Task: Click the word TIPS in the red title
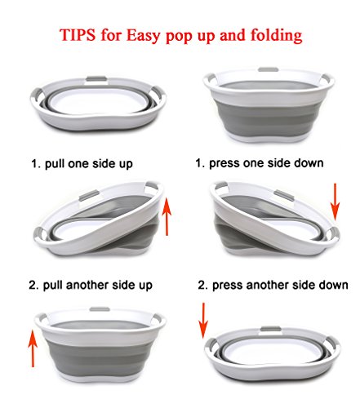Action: tap(78, 35)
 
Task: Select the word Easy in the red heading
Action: tap(143, 36)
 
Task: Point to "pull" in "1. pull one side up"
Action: tap(54, 164)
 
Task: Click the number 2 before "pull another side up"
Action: tap(33, 286)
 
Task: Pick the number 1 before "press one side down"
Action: tap(199, 163)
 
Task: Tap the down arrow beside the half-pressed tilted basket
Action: tap(336, 202)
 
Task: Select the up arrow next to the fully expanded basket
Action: tap(33, 348)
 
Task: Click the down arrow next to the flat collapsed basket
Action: tap(203, 321)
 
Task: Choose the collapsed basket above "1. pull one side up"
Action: tap(98, 104)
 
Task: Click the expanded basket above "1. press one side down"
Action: tap(269, 104)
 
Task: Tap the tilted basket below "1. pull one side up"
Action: tap(99, 220)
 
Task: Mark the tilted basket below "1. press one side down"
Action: tap(275, 220)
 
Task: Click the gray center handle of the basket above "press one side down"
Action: tap(269, 69)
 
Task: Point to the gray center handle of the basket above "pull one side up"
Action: tap(96, 79)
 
